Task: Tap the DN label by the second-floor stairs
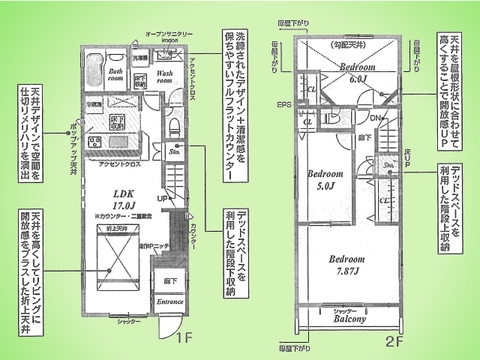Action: click(375, 117)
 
